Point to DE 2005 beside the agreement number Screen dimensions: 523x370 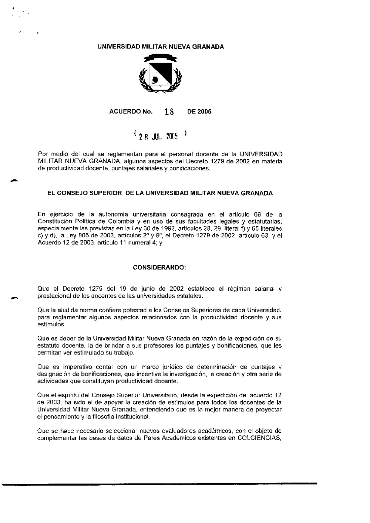point(199,112)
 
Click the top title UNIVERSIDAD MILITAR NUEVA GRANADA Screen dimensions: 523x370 point(160,47)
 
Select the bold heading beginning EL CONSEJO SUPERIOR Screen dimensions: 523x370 point(160,193)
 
